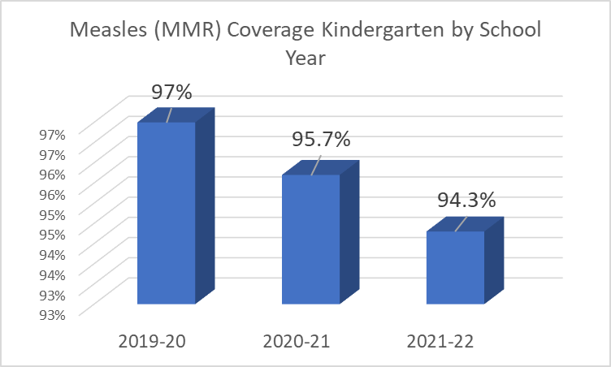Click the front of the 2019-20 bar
click(x=166, y=213)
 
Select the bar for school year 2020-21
click(x=310, y=240)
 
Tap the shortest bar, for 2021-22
click(x=455, y=267)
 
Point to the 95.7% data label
click(x=321, y=140)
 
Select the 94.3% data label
click(x=466, y=200)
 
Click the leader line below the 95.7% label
click(x=316, y=165)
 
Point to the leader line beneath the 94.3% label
click(x=461, y=222)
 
